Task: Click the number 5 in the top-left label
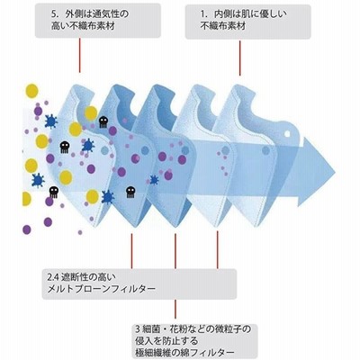pyautogui.click(x=54, y=13)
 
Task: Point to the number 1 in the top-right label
pyautogui.click(x=203, y=14)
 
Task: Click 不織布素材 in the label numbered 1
pyautogui.click(x=223, y=26)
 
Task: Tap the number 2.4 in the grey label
pyautogui.click(x=51, y=276)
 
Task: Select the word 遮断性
pyautogui.click(x=70, y=276)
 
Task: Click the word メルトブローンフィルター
pyautogui.click(x=102, y=289)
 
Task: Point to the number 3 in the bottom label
pyautogui.click(x=138, y=330)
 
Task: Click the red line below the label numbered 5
pyautogui.click(x=80, y=55)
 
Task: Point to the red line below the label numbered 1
pyautogui.click(x=240, y=58)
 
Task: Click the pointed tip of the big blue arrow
pyautogui.click(x=335, y=171)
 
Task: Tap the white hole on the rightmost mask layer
pyautogui.click(x=287, y=133)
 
